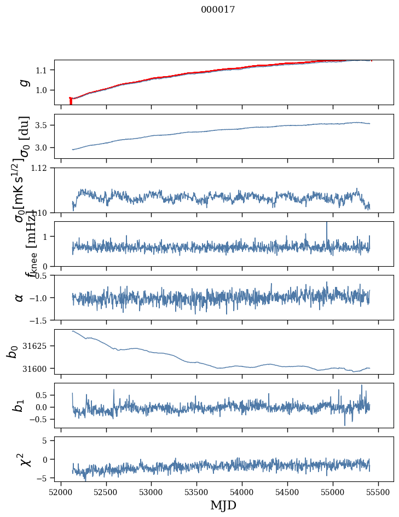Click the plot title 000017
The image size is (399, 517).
click(x=218, y=9)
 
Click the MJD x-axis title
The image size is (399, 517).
click(x=223, y=505)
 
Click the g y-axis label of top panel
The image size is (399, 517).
click(x=23, y=82)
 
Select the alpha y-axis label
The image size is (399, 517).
click(x=19, y=297)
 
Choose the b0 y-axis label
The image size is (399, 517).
click(x=12, y=352)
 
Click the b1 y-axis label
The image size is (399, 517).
click(x=19, y=405)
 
